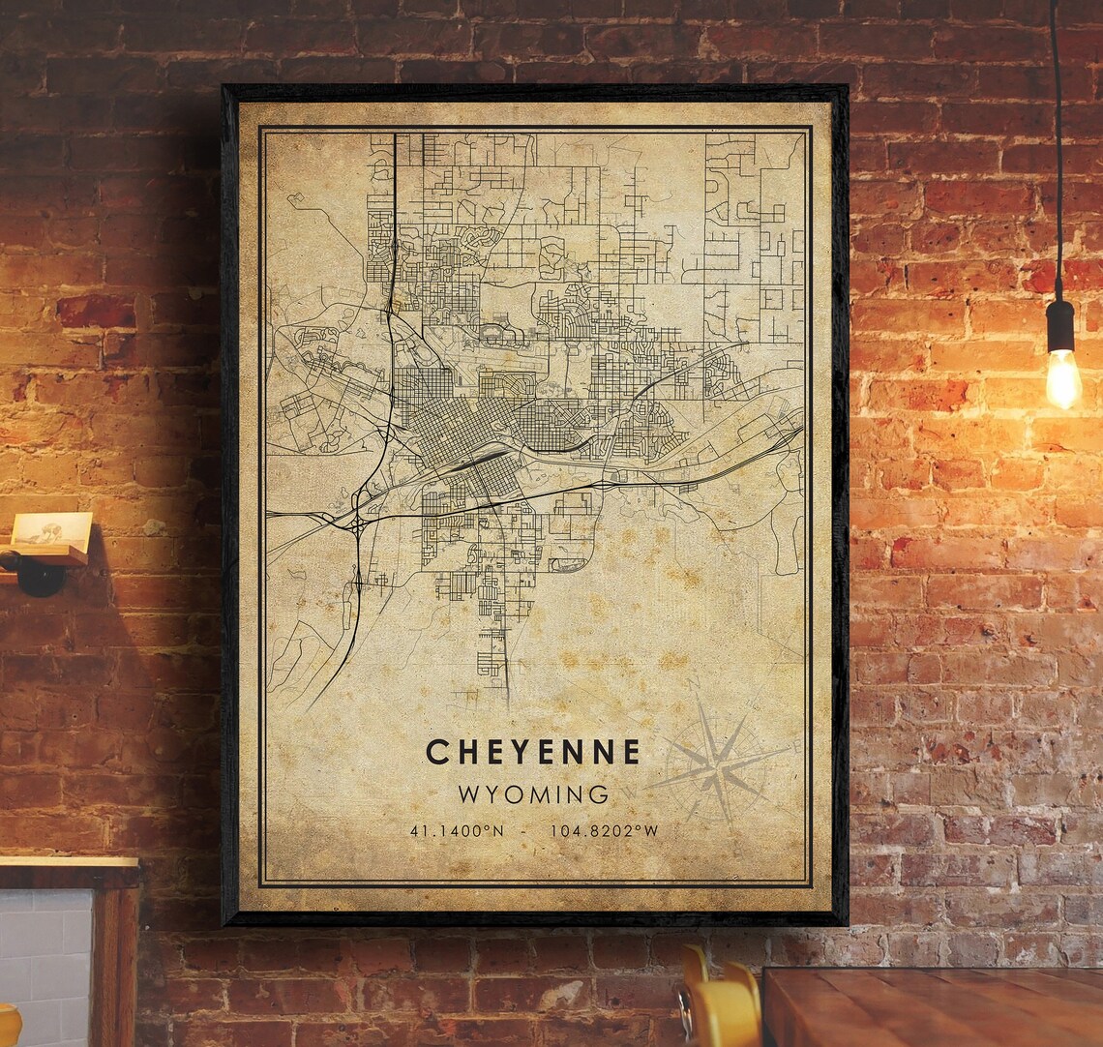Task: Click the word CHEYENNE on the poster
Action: point(533,752)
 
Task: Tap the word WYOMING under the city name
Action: point(533,795)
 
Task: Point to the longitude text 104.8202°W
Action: point(604,831)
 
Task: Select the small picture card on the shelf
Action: point(53,531)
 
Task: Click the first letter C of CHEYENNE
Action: point(436,752)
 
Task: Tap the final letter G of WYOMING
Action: point(600,795)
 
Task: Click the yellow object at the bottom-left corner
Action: point(8,1026)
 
